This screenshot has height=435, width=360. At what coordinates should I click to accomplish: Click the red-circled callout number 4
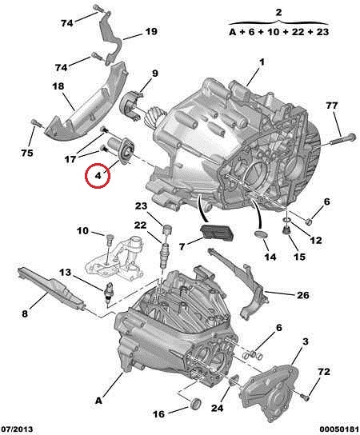pos(98,175)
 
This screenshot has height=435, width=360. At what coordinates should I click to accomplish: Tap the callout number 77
pos(332,106)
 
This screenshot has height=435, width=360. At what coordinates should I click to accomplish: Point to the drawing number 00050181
pos(339,429)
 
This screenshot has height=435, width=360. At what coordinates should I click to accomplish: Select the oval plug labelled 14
pos(261,234)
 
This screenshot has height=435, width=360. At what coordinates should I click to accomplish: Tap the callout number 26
pos(303,295)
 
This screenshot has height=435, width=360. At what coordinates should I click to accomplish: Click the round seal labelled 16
pos(196,404)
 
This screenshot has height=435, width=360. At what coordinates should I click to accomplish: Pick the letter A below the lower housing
pos(99,401)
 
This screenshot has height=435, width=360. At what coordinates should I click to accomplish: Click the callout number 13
pos(65,273)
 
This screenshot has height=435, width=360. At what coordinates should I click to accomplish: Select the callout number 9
pos(155,74)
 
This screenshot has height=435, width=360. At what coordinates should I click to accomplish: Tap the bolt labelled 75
pos(38,123)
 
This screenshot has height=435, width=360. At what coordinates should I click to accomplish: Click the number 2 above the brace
pos(278,12)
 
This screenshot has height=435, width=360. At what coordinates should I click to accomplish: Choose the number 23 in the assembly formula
pos(322,32)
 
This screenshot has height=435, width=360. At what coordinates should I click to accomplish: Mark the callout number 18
pos(58,86)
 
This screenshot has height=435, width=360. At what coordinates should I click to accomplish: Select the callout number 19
pos(151,31)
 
